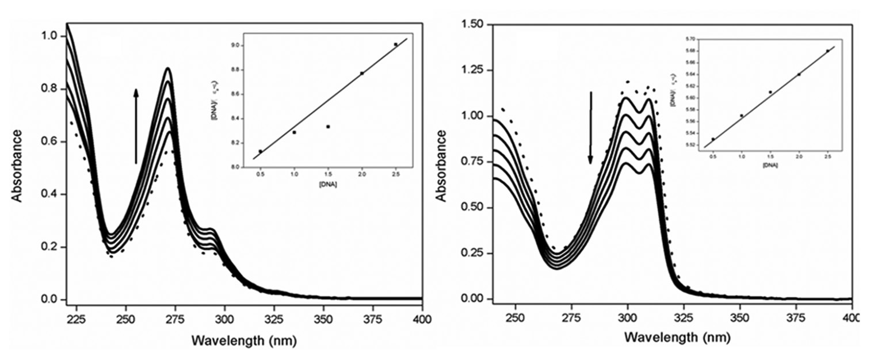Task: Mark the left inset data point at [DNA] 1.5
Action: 328,127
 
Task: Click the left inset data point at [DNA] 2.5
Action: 395,44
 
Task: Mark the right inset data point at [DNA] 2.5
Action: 827,51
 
